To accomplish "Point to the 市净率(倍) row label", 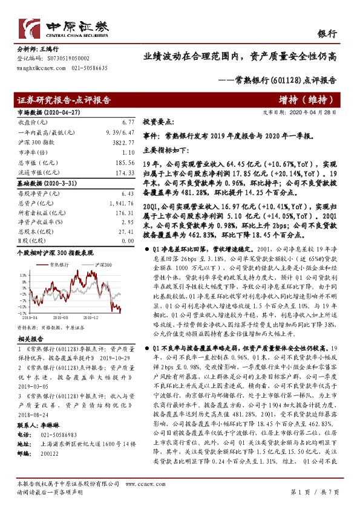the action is coord(31,152).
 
